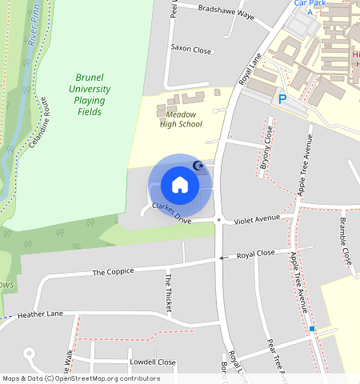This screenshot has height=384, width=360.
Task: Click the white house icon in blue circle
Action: [x=180, y=185]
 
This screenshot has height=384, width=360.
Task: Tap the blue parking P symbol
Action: [x=282, y=98]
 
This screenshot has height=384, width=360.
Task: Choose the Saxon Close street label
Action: [x=191, y=50]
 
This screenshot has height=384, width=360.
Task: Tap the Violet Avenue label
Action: [x=257, y=218]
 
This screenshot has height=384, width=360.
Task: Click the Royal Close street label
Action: [x=255, y=254]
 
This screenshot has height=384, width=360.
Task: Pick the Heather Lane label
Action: [x=39, y=315]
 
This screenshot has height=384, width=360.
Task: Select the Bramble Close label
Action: [x=345, y=240]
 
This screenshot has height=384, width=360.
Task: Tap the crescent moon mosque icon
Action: [x=199, y=166]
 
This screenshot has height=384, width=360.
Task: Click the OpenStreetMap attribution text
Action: [x=81, y=378]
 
